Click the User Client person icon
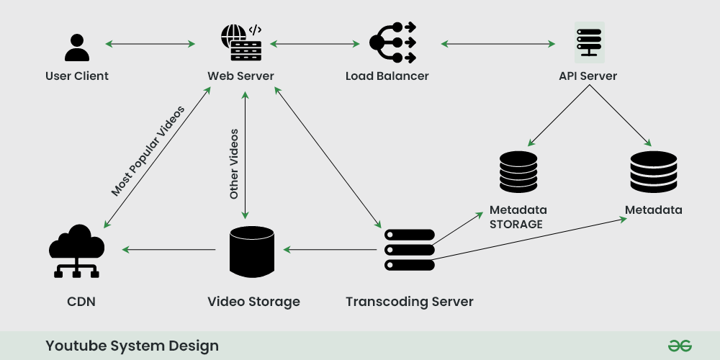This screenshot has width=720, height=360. tap(76, 46)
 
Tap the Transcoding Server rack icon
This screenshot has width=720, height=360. tap(409, 250)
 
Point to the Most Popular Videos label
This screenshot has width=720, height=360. tap(148, 151)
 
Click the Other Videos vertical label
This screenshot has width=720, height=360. tap(234, 164)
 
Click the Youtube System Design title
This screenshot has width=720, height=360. tap(132, 346)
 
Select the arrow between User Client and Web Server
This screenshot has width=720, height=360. tap(150, 44)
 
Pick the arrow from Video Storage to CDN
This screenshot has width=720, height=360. tap(169, 250)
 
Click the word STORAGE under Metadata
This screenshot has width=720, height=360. tap(516, 224)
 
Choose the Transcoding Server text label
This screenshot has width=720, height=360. tap(409, 301)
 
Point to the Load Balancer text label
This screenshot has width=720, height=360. tap(387, 76)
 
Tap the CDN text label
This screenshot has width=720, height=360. tap(82, 301)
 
